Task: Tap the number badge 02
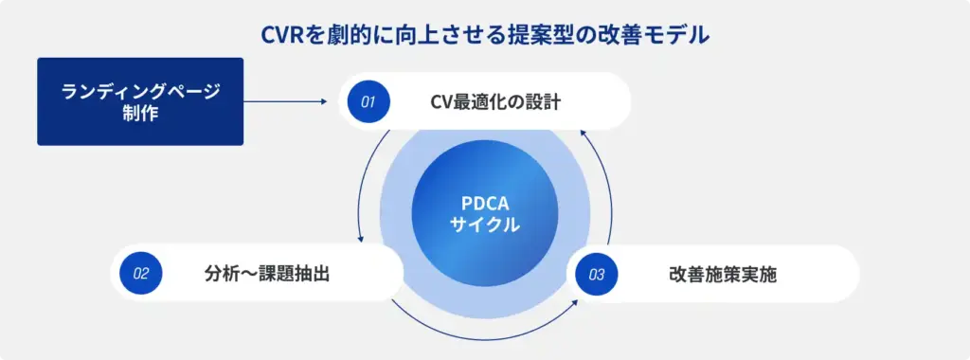tap(141, 274)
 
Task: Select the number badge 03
tap(596, 275)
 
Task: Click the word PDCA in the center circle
tap(484, 205)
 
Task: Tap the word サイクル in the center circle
tap(484, 225)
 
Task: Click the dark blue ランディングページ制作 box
tap(140, 101)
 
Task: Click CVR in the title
tap(283, 36)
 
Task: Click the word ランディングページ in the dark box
tap(140, 92)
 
